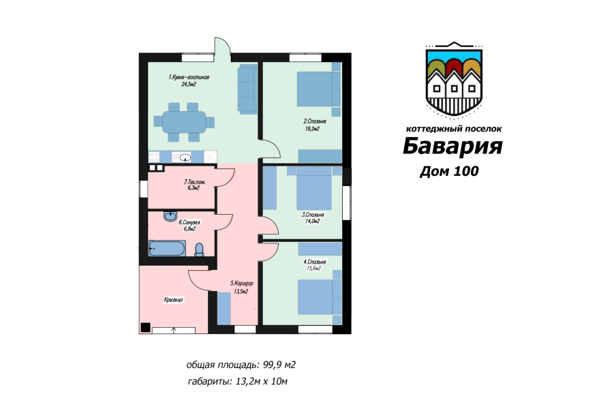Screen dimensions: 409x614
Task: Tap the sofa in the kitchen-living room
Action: (246, 89)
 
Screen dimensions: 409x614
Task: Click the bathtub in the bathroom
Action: (166, 249)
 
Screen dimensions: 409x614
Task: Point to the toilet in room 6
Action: (199, 249)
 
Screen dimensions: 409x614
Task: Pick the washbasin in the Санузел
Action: (169, 217)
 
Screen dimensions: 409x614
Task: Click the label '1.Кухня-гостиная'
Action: (189, 78)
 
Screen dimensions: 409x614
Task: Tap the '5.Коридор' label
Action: (241, 284)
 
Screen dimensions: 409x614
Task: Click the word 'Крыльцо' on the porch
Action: (173, 299)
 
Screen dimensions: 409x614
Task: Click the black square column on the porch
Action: (145, 327)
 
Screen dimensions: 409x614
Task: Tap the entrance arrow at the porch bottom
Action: (174, 331)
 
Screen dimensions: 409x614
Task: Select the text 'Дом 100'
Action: (449, 171)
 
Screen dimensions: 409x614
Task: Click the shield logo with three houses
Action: (453, 78)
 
